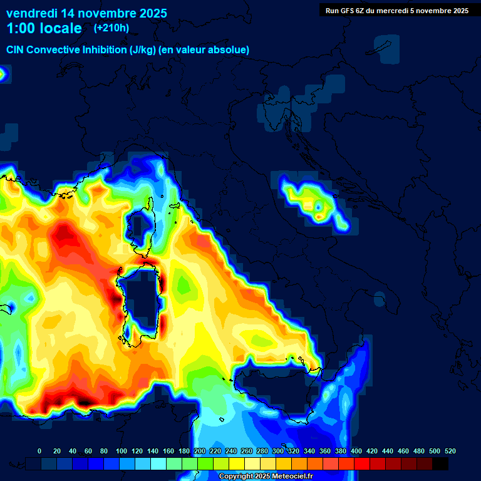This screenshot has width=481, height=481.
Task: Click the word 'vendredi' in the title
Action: (x=31, y=13)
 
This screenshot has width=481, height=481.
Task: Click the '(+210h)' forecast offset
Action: (x=111, y=28)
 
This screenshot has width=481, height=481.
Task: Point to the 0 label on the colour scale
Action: (x=39, y=451)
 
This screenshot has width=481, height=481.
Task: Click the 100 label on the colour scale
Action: (x=122, y=451)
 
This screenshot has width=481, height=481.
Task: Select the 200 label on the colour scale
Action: (x=200, y=451)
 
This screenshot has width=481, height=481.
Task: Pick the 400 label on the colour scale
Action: (x=356, y=451)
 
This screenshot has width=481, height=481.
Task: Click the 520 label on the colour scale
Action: (x=450, y=451)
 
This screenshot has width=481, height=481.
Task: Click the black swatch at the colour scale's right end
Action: (x=440, y=464)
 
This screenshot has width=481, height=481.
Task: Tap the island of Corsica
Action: (x=143, y=229)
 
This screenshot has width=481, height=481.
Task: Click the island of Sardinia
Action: (x=139, y=301)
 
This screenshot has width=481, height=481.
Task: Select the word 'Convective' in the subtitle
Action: (x=54, y=50)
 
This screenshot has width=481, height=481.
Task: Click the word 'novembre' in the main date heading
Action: (x=100, y=13)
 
